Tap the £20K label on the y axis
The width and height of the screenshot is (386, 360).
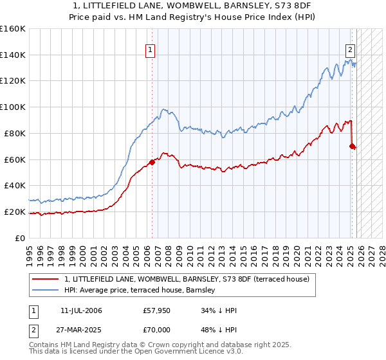15,212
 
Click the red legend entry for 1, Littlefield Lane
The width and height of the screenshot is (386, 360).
187,279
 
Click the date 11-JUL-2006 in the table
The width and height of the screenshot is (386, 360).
83,310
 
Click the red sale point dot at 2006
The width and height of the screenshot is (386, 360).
152,162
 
